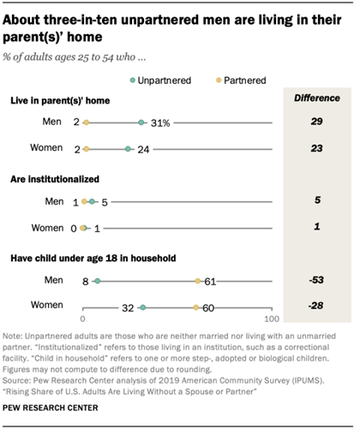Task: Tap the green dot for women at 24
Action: (128, 149)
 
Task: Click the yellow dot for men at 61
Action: (198, 279)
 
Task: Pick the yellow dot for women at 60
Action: (196, 305)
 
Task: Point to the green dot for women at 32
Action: (143, 305)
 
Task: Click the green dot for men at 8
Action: (98, 279)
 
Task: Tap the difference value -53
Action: (317, 279)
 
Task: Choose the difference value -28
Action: (317, 305)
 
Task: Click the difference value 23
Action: (317, 149)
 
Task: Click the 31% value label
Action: (159, 124)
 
